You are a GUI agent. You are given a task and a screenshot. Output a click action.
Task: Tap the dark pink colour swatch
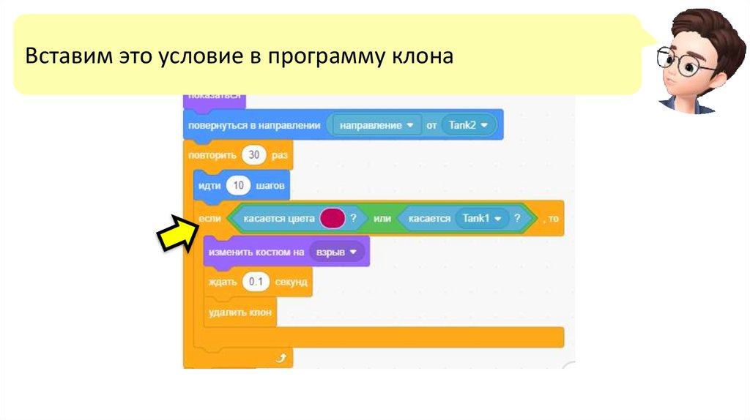[x=332, y=218]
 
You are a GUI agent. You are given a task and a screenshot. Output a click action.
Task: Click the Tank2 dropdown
[x=468, y=125]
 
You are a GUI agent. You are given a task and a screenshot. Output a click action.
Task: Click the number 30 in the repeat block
[x=254, y=155]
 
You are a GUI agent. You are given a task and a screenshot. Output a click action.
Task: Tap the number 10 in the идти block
[x=238, y=186]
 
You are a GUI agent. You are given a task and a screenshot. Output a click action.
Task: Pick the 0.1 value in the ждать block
[x=256, y=282]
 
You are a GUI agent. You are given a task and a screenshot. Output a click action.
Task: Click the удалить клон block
[x=240, y=312]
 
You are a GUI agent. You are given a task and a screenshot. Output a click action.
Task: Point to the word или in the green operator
[x=382, y=219]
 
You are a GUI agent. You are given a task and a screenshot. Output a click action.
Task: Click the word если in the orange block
[x=207, y=219]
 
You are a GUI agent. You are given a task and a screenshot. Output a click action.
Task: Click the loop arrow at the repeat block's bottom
[x=280, y=358]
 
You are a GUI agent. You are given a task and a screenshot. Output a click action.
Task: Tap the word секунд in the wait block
[x=292, y=282]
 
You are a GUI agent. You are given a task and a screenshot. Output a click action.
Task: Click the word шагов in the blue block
[x=270, y=186]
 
